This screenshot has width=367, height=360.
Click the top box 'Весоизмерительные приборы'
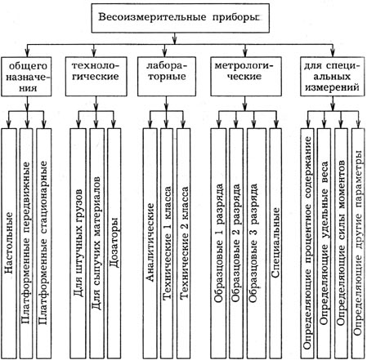pyautogui.click(x=181, y=18)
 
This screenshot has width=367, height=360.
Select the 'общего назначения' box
pyautogui.click(x=26, y=77)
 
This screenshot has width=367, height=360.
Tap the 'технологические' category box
pyautogui.click(x=96, y=77)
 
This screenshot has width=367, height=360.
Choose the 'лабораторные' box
pyautogui.click(x=167, y=77)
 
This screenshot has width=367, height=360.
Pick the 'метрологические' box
pyautogui.click(x=246, y=77)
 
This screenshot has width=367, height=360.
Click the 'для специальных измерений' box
pyautogui.click(x=332, y=77)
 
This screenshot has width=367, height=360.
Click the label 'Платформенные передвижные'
pyautogui.click(x=25, y=242)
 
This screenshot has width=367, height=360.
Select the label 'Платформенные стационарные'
pyautogui.click(x=43, y=242)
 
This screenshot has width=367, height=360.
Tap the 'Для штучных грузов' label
pyautogui.click(x=78, y=242)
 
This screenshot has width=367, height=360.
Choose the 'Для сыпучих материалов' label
pyautogui.click(x=96, y=242)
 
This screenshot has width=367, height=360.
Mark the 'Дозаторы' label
pyautogui.click(x=114, y=242)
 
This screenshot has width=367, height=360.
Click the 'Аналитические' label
pyautogui.click(x=150, y=242)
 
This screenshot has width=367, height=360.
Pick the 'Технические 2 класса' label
pyautogui.click(x=184, y=242)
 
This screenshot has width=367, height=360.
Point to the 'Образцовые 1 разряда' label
pyautogui.click(x=218, y=242)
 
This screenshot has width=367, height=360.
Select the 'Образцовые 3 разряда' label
pyautogui.click(x=253, y=242)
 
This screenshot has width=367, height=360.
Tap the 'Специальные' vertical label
pyautogui.click(x=275, y=242)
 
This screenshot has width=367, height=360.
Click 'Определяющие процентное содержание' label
pyautogui.click(x=307, y=242)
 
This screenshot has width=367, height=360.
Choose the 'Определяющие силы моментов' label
pyautogui.click(x=341, y=242)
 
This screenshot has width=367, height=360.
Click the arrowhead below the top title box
pyautogui.click(x=174, y=41)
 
